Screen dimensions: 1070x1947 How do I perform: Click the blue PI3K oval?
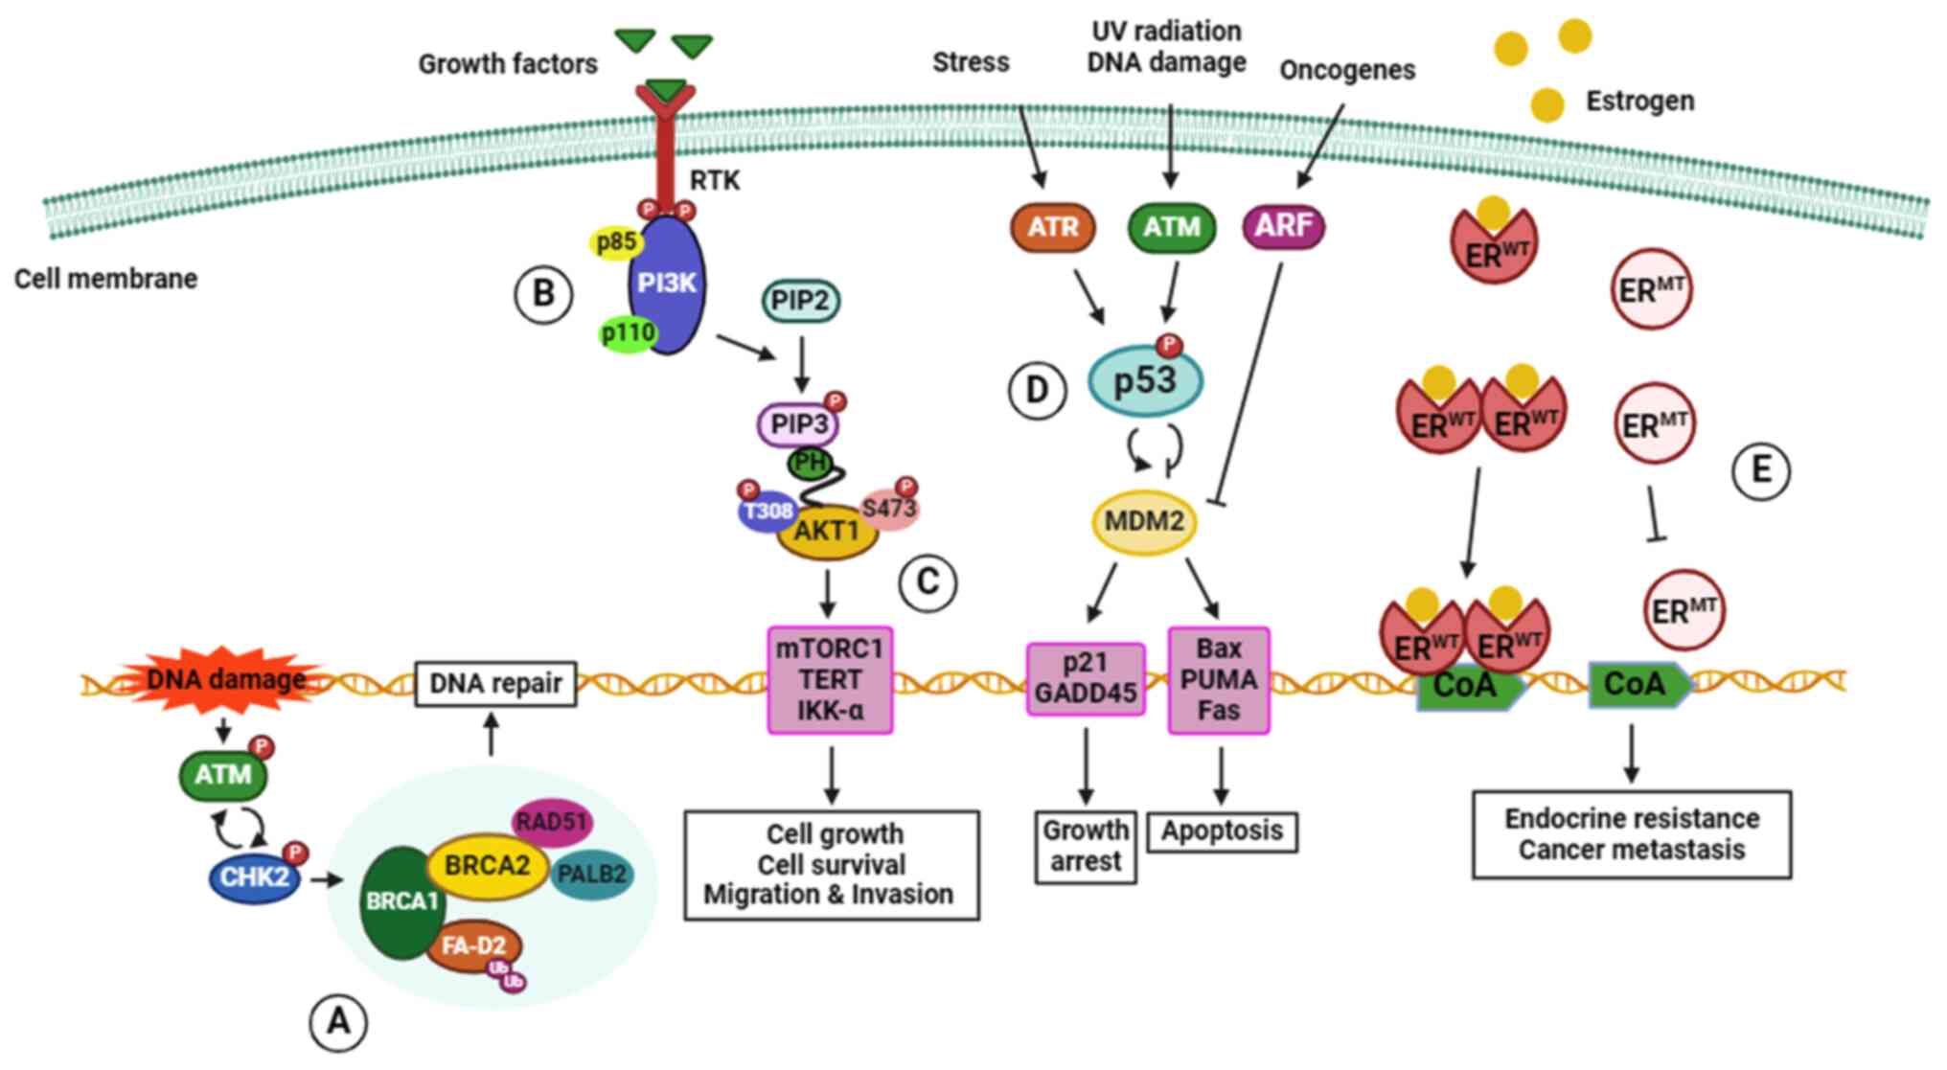668,284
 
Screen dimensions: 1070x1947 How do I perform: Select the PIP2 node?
801,301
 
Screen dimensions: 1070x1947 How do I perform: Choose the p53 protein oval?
1145,381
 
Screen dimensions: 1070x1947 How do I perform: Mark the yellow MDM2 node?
1144,522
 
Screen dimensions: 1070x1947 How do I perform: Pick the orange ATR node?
1053,227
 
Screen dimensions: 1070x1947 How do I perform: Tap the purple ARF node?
1283,226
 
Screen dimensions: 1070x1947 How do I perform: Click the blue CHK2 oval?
254,876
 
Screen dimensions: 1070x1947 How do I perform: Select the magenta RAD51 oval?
551,822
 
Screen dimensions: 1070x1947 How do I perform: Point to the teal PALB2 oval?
592,874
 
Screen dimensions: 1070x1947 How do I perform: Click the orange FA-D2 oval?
474,945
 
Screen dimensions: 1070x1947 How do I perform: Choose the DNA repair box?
495,684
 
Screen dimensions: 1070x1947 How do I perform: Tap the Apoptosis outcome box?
1222,831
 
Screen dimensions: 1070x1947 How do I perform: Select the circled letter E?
1761,470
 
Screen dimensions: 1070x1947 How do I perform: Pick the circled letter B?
543,293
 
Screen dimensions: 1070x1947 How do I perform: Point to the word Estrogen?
1639,101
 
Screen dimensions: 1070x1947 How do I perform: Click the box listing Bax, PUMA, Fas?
1219,680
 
